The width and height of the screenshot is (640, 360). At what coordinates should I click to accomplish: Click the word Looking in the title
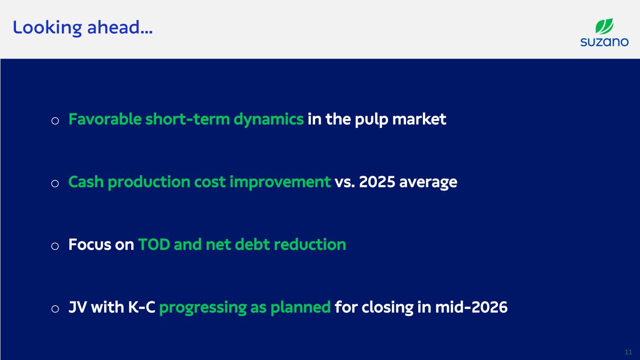point(47,28)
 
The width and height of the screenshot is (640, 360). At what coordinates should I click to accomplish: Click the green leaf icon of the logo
point(604,26)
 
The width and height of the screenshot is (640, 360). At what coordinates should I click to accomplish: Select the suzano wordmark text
point(604,42)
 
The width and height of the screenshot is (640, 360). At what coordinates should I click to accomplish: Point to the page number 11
point(628,352)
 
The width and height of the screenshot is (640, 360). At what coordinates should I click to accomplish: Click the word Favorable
point(105,119)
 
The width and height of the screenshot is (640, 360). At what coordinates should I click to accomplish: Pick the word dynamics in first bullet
point(269,120)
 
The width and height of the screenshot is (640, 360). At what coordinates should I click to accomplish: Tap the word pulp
point(371,120)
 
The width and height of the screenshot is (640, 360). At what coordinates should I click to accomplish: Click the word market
point(419,119)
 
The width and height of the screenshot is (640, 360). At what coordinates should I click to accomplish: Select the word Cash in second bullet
point(86,182)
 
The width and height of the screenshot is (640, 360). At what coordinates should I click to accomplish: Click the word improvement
point(280,182)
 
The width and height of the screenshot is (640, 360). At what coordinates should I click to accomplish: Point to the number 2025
point(377,182)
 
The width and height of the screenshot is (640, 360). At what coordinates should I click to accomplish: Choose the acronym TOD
point(154,245)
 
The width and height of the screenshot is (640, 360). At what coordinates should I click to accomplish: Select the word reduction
point(310,245)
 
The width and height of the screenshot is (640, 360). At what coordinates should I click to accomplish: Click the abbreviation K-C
point(142,307)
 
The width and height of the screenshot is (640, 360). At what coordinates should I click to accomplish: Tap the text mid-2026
point(471,307)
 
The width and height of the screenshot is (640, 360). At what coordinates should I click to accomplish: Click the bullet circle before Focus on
point(55,246)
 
